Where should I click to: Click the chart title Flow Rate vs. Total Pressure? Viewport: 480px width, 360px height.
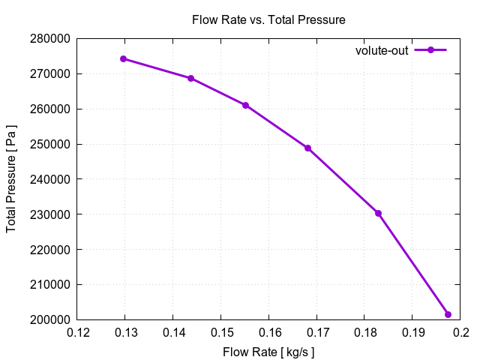(268, 19)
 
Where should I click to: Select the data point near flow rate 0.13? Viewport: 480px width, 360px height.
(124, 58)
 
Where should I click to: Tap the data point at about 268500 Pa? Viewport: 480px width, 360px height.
(190, 78)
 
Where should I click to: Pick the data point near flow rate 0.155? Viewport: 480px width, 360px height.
(245, 105)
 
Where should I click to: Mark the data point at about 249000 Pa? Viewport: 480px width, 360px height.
(307, 148)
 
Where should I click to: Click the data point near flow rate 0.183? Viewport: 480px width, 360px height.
(379, 213)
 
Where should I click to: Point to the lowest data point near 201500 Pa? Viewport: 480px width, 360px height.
(448, 314)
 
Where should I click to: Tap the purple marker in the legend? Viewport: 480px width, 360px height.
(430, 50)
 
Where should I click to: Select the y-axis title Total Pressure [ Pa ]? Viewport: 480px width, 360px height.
(12, 178)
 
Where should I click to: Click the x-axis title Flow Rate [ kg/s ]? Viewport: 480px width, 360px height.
(268, 352)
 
